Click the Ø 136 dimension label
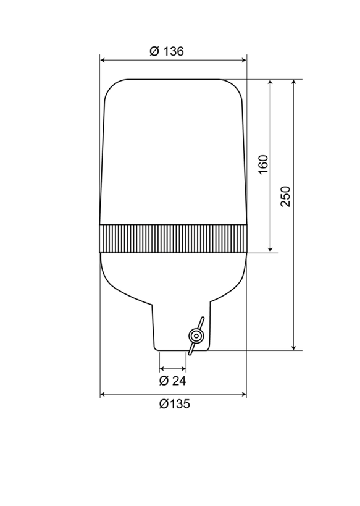(167, 51)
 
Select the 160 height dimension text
(262, 164)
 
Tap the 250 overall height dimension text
(285, 196)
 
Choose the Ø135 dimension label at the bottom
(174, 404)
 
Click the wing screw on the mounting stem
(196, 335)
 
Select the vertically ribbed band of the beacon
(173, 238)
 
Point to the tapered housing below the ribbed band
(173, 275)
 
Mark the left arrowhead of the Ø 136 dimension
(103, 61)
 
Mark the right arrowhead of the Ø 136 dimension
(243, 61)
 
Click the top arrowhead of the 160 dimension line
(270, 83)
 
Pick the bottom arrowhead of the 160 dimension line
(270, 248)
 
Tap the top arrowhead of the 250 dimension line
(294, 83)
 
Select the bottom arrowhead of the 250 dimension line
(294, 347)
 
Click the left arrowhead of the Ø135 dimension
(103, 394)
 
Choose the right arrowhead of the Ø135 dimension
(243, 394)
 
